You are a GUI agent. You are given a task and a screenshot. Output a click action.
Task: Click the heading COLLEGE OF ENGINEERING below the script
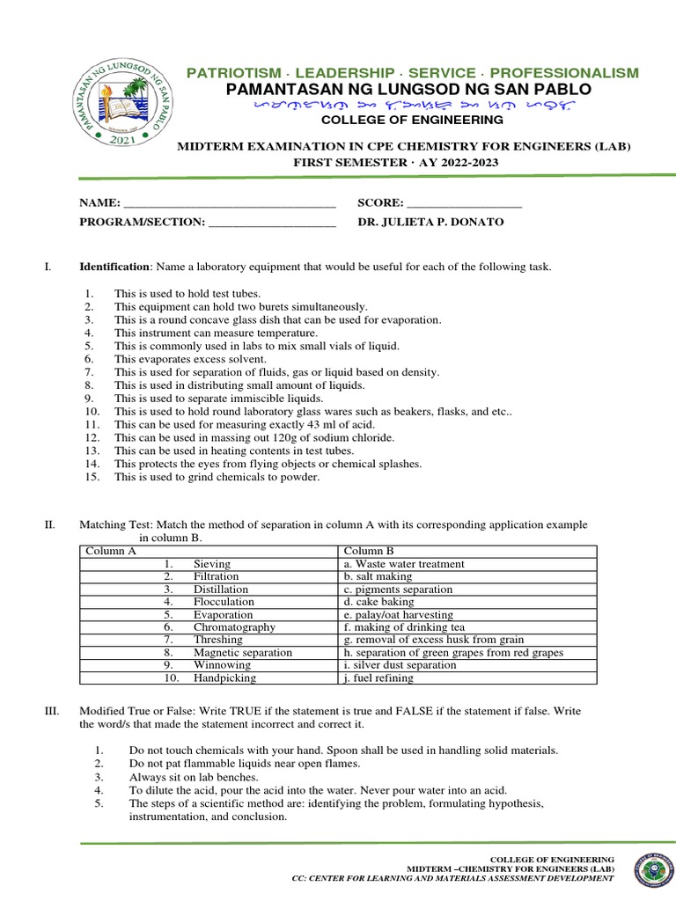tap(412, 120)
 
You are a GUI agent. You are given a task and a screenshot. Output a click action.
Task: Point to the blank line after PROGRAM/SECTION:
tap(271, 223)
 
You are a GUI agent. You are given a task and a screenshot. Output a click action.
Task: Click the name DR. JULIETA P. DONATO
tap(430, 223)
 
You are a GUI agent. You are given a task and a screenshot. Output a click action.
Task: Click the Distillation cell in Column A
tap(221, 589)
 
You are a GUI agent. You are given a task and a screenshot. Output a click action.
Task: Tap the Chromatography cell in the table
tap(234, 627)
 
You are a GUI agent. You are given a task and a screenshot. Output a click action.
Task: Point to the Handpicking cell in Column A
tap(225, 678)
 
